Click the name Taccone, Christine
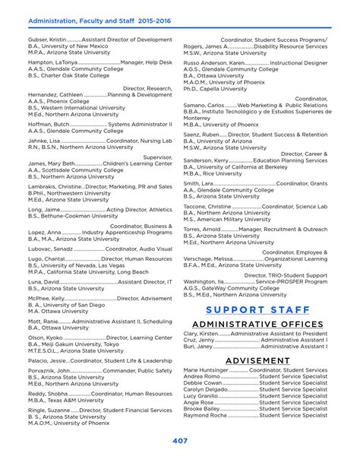[x=206, y=206]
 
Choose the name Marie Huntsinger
[x=205, y=369]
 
